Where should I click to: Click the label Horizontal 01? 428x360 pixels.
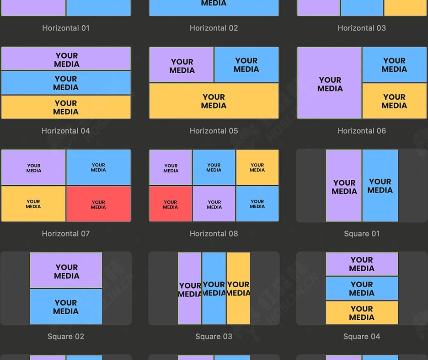pos(66,28)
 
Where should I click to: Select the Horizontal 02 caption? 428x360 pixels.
pos(214,28)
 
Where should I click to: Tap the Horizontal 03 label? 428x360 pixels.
pos(362,28)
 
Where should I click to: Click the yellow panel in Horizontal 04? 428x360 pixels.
pos(66,107)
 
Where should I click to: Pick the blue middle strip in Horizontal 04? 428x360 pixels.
pos(66,83)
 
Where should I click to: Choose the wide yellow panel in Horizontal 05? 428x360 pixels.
pos(214,101)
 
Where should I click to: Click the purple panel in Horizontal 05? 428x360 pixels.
pos(182,65)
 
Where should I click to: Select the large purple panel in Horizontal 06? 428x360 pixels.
pos(329,83)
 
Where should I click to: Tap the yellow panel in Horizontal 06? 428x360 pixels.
pos(394,101)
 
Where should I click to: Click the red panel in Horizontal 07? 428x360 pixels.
pos(98,204)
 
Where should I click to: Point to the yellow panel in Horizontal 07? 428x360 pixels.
pos(33,204)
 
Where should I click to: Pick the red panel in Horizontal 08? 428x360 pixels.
pos(170,204)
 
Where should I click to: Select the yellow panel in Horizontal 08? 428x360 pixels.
pos(257,167)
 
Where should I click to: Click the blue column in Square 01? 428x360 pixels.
pos(380,186)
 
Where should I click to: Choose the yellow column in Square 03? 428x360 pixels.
pos(238,288)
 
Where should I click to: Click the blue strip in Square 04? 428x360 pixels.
pos(362,288)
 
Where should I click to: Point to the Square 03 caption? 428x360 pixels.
pos(214,337)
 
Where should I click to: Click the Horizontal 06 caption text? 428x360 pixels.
pos(362,131)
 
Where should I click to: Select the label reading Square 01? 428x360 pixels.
pos(362,234)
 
